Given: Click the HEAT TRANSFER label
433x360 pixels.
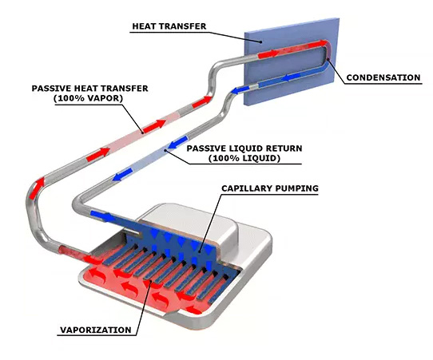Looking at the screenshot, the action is pyautogui.click(x=169, y=26).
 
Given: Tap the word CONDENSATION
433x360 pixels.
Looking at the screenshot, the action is pyautogui.click(x=383, y=77).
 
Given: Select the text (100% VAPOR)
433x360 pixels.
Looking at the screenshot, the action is pyautogui.click(x=89, y=98).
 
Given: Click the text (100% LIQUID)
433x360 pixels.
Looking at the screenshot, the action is pyautogui.click(x=244, y=158).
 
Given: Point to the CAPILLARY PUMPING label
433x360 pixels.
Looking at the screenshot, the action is pyautogui.click(x=270, y=188).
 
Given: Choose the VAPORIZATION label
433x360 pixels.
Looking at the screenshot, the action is pyautogui.click(x=96, y=330).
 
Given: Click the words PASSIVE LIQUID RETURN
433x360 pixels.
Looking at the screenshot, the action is pyautogui.click(x=244, y=148).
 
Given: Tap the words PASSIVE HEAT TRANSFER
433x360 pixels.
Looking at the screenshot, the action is pyautogui.click(x=89, y=89).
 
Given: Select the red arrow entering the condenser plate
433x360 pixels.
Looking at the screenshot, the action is pyautogui.click(x=268, y=54).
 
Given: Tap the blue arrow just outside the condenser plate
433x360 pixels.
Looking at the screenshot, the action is pyautogui.click(x=240, y=89).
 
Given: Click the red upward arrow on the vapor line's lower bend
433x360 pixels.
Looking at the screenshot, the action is pyautogui.click(x=37, y=188).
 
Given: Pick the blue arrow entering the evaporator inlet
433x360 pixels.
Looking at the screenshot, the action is pyautogui.click(x=103, y=216).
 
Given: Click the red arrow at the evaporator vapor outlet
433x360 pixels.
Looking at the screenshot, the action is pyautogui.click(x=93, y=259).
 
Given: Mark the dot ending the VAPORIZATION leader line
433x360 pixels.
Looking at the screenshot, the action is pyautogui.click(x=150, y=281).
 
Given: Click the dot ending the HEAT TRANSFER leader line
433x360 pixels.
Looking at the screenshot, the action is pyautogui.click(x=260, y=42).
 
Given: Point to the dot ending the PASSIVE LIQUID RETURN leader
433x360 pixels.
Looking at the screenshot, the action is pyautogui.click(x=165, y=150).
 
